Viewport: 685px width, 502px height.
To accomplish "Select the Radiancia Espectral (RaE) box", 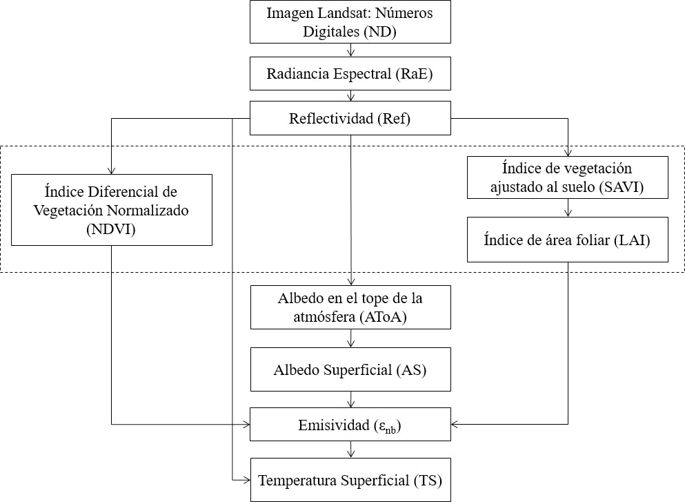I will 350,74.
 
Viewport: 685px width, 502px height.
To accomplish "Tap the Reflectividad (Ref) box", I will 350,118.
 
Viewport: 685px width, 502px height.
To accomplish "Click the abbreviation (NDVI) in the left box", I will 111,230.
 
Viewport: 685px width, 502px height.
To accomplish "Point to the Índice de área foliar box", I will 567,240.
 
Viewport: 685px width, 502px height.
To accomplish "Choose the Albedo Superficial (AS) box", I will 350,369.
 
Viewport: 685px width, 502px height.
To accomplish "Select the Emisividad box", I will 350,424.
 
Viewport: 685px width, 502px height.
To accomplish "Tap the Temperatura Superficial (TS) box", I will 350,479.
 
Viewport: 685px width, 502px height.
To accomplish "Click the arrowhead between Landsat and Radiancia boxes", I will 351,52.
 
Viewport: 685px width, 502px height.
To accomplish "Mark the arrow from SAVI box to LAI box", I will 568,209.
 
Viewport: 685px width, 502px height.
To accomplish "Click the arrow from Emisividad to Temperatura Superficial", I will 351,450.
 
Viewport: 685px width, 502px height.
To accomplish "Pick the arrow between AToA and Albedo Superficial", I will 351,338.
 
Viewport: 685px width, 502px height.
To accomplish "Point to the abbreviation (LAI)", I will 628,240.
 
